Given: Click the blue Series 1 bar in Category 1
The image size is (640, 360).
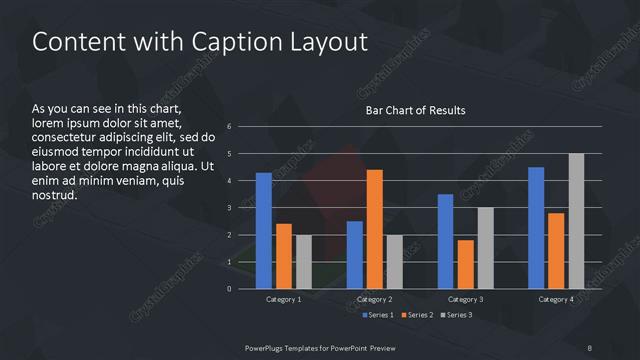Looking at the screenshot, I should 264,231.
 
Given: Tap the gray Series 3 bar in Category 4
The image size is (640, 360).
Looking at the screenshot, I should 576,221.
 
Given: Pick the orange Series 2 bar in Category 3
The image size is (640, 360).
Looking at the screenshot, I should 465,264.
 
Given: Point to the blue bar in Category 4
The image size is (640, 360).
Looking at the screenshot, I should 536,228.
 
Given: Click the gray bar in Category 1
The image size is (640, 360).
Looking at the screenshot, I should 303,262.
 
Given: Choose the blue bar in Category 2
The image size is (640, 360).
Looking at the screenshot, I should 355,255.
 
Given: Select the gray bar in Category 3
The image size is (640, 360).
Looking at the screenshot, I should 485,248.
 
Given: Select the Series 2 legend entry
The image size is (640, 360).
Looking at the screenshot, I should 417,316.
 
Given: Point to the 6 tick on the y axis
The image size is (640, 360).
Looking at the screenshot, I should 230,127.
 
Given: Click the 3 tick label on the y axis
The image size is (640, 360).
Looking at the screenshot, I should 230,208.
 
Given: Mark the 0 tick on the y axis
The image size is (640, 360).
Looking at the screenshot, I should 230,289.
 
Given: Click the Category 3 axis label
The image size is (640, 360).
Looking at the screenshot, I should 466,299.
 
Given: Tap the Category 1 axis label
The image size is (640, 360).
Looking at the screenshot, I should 284,299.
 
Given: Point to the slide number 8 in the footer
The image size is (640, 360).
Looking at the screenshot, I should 590,348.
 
